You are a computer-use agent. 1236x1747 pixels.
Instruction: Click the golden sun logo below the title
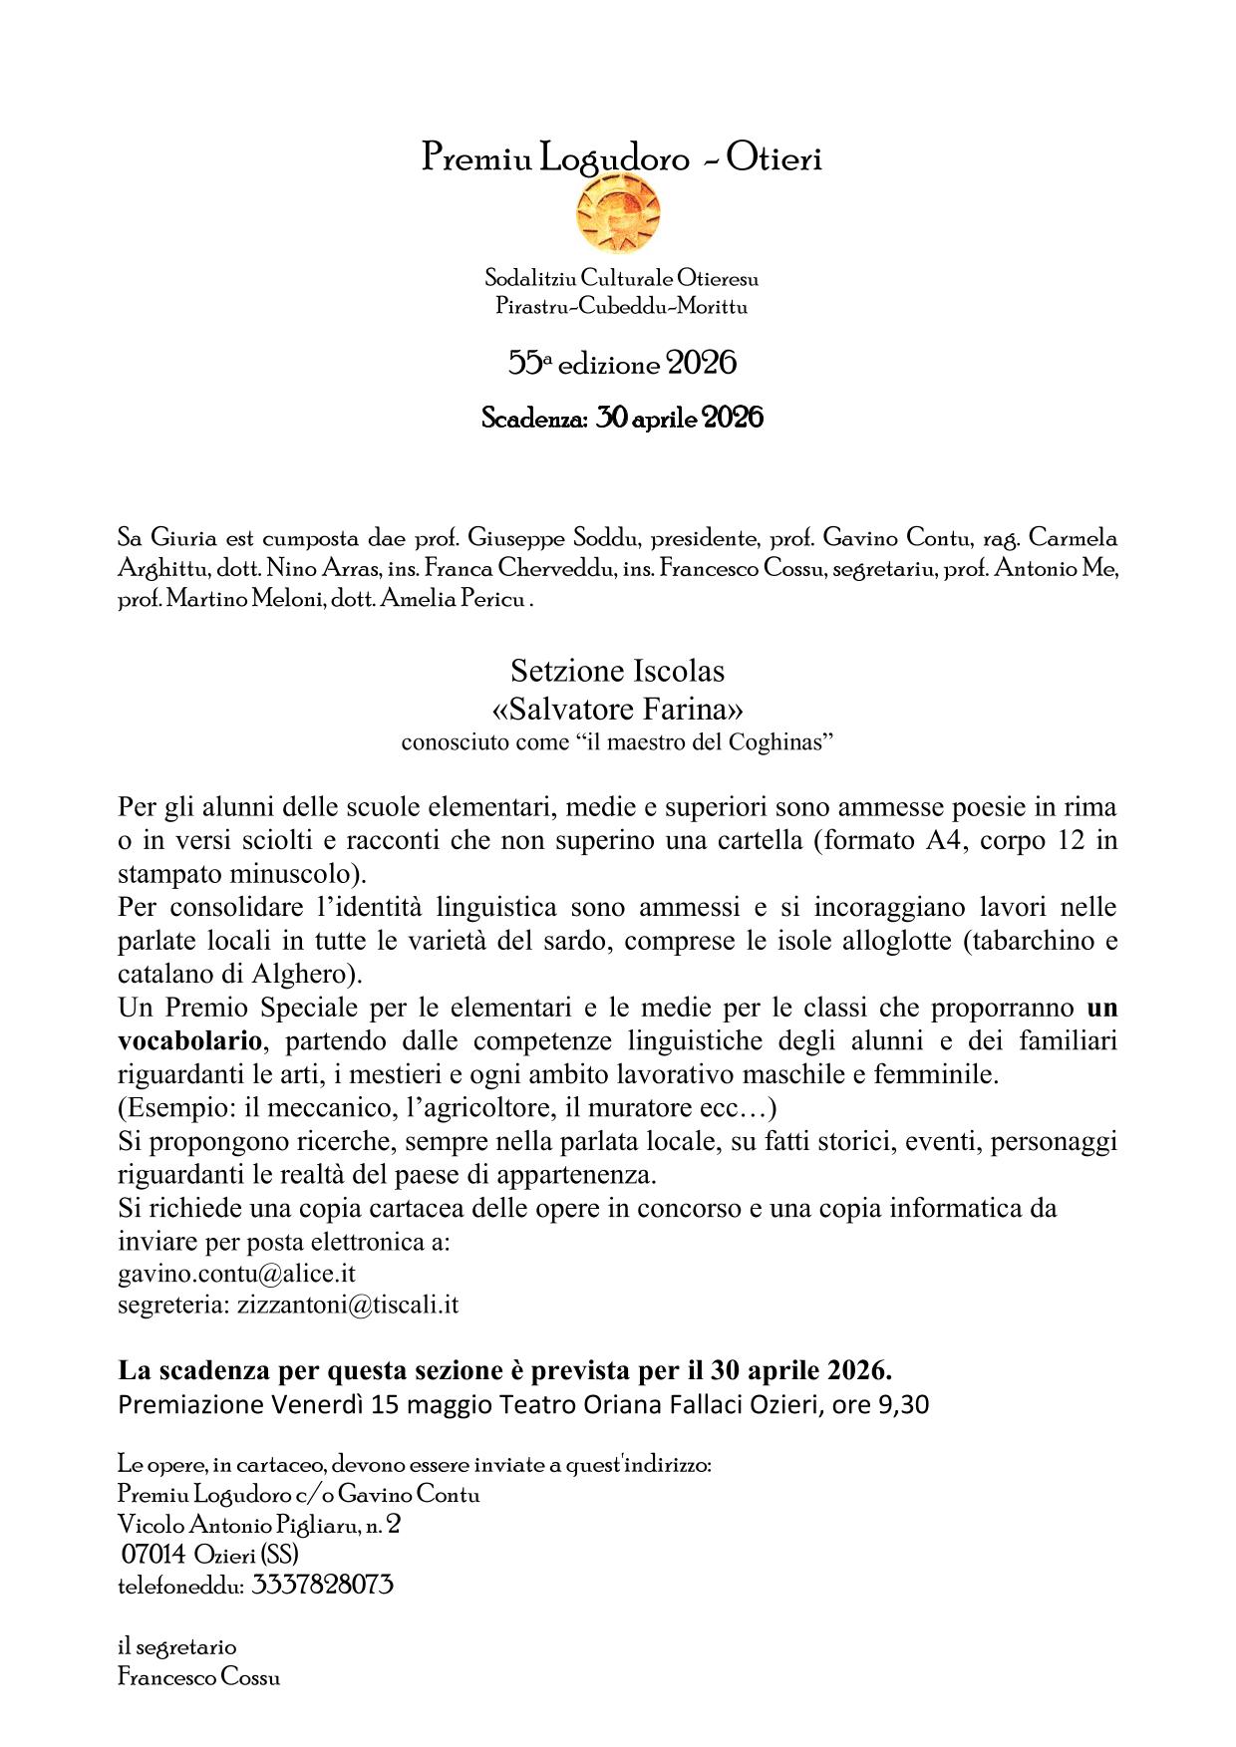pos(618,212)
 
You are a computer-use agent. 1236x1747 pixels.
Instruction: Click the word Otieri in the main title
pos(773,157)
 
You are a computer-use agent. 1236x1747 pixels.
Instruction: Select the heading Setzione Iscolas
pos(618,671)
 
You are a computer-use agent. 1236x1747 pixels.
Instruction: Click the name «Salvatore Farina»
pos(618,710)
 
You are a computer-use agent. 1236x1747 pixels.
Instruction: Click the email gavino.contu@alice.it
pos(236,1274)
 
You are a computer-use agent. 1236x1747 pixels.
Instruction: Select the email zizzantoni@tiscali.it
pos(348,1306)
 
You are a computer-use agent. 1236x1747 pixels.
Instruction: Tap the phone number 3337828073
pos(322,1585)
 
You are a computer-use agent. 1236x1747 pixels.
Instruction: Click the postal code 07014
pos(154,1555)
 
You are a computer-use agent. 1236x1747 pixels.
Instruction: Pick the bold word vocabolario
pos(190,1041)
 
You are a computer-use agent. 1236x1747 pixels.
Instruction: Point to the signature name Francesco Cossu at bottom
pos(198,1677)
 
